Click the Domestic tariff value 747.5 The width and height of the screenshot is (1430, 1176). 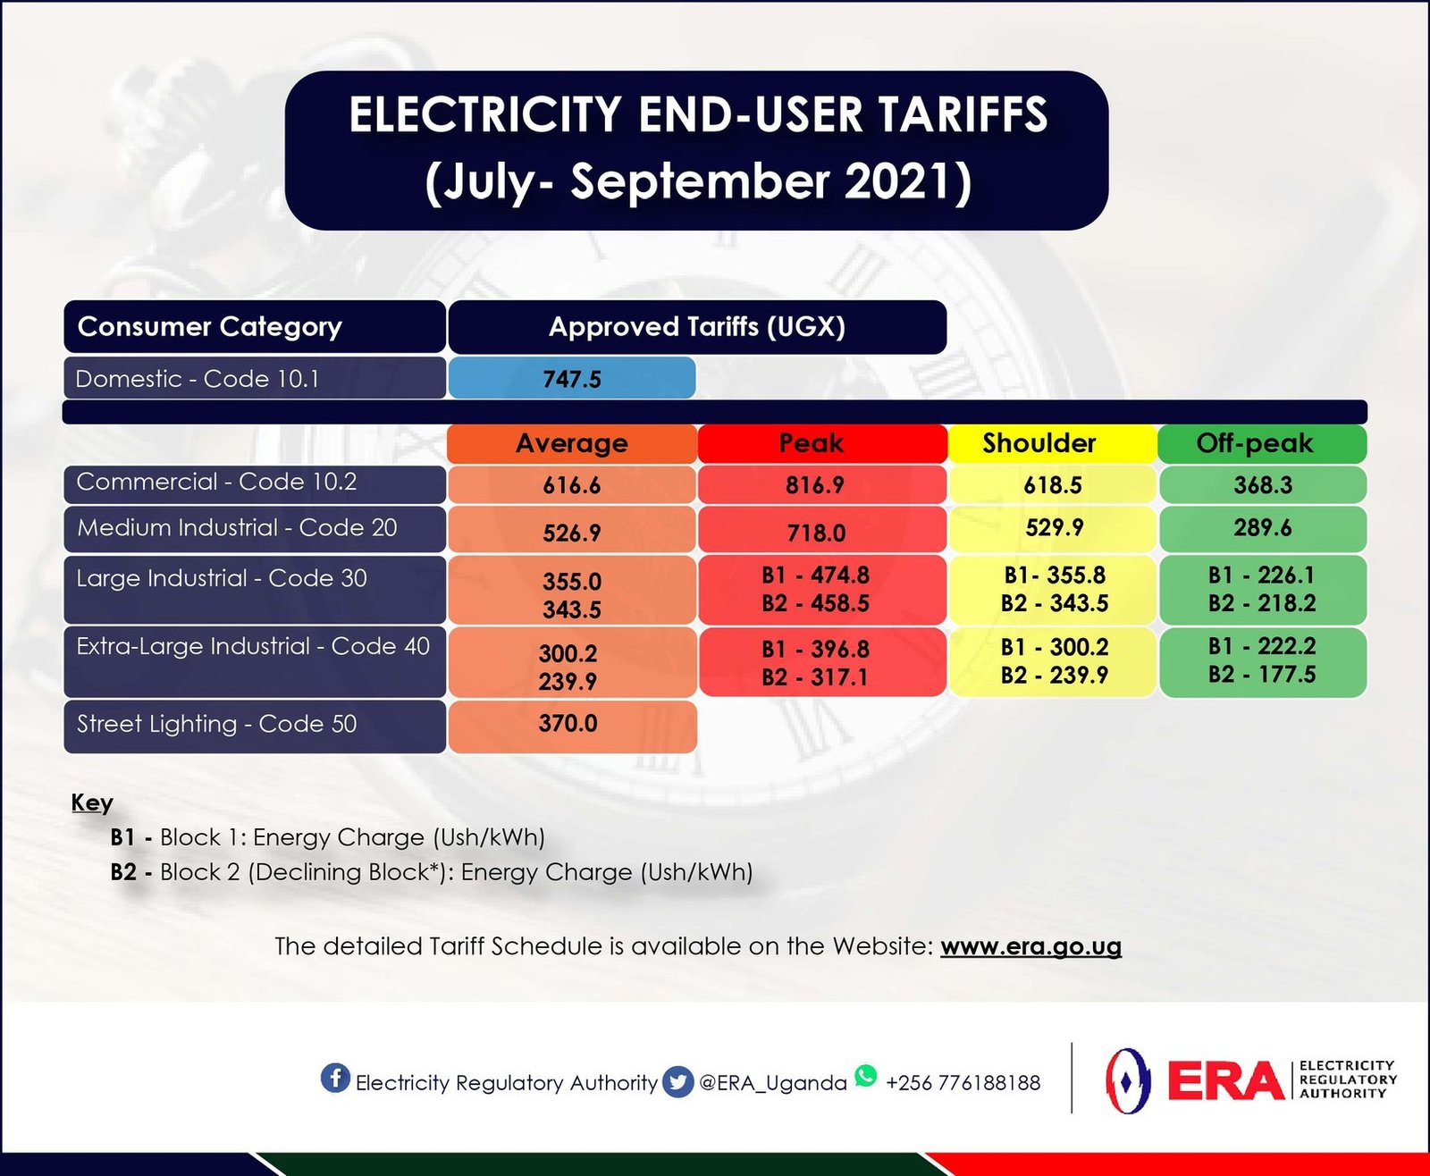[x=572, y=379]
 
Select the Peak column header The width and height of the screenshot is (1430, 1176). [x=811, y=443]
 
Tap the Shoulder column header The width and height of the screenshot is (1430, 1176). [x=1039, y=443]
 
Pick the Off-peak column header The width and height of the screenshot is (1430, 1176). [x=1254, y=443]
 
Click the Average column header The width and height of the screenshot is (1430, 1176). [x=572, y=443]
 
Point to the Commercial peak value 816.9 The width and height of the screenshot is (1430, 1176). [x=816, y=485]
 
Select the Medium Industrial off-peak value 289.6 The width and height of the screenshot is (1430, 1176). [x=1262, y=527]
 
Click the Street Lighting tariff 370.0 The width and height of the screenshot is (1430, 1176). [x=568, y=723]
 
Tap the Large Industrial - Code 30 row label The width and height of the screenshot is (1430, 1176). [x=222, y=578]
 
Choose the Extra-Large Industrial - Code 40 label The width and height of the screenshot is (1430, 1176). [x=253, y=646]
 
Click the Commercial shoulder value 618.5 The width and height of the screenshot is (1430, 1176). [x=1053, y=485]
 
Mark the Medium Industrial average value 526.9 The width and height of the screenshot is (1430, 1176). [x=572, y=533]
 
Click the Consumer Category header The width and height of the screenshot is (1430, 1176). [x=210, y=326]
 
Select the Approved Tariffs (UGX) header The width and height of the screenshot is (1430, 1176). [x=697, y=326]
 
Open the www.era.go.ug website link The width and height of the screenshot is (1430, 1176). [x=1030, y=946]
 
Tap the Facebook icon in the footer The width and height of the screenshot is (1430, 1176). [x=335, y=1078]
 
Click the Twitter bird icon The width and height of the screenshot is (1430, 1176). [x=678, y=1082]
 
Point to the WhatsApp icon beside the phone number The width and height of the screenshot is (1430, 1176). [x=865, y=1076]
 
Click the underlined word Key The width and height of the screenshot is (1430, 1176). [x=92, y=802]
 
